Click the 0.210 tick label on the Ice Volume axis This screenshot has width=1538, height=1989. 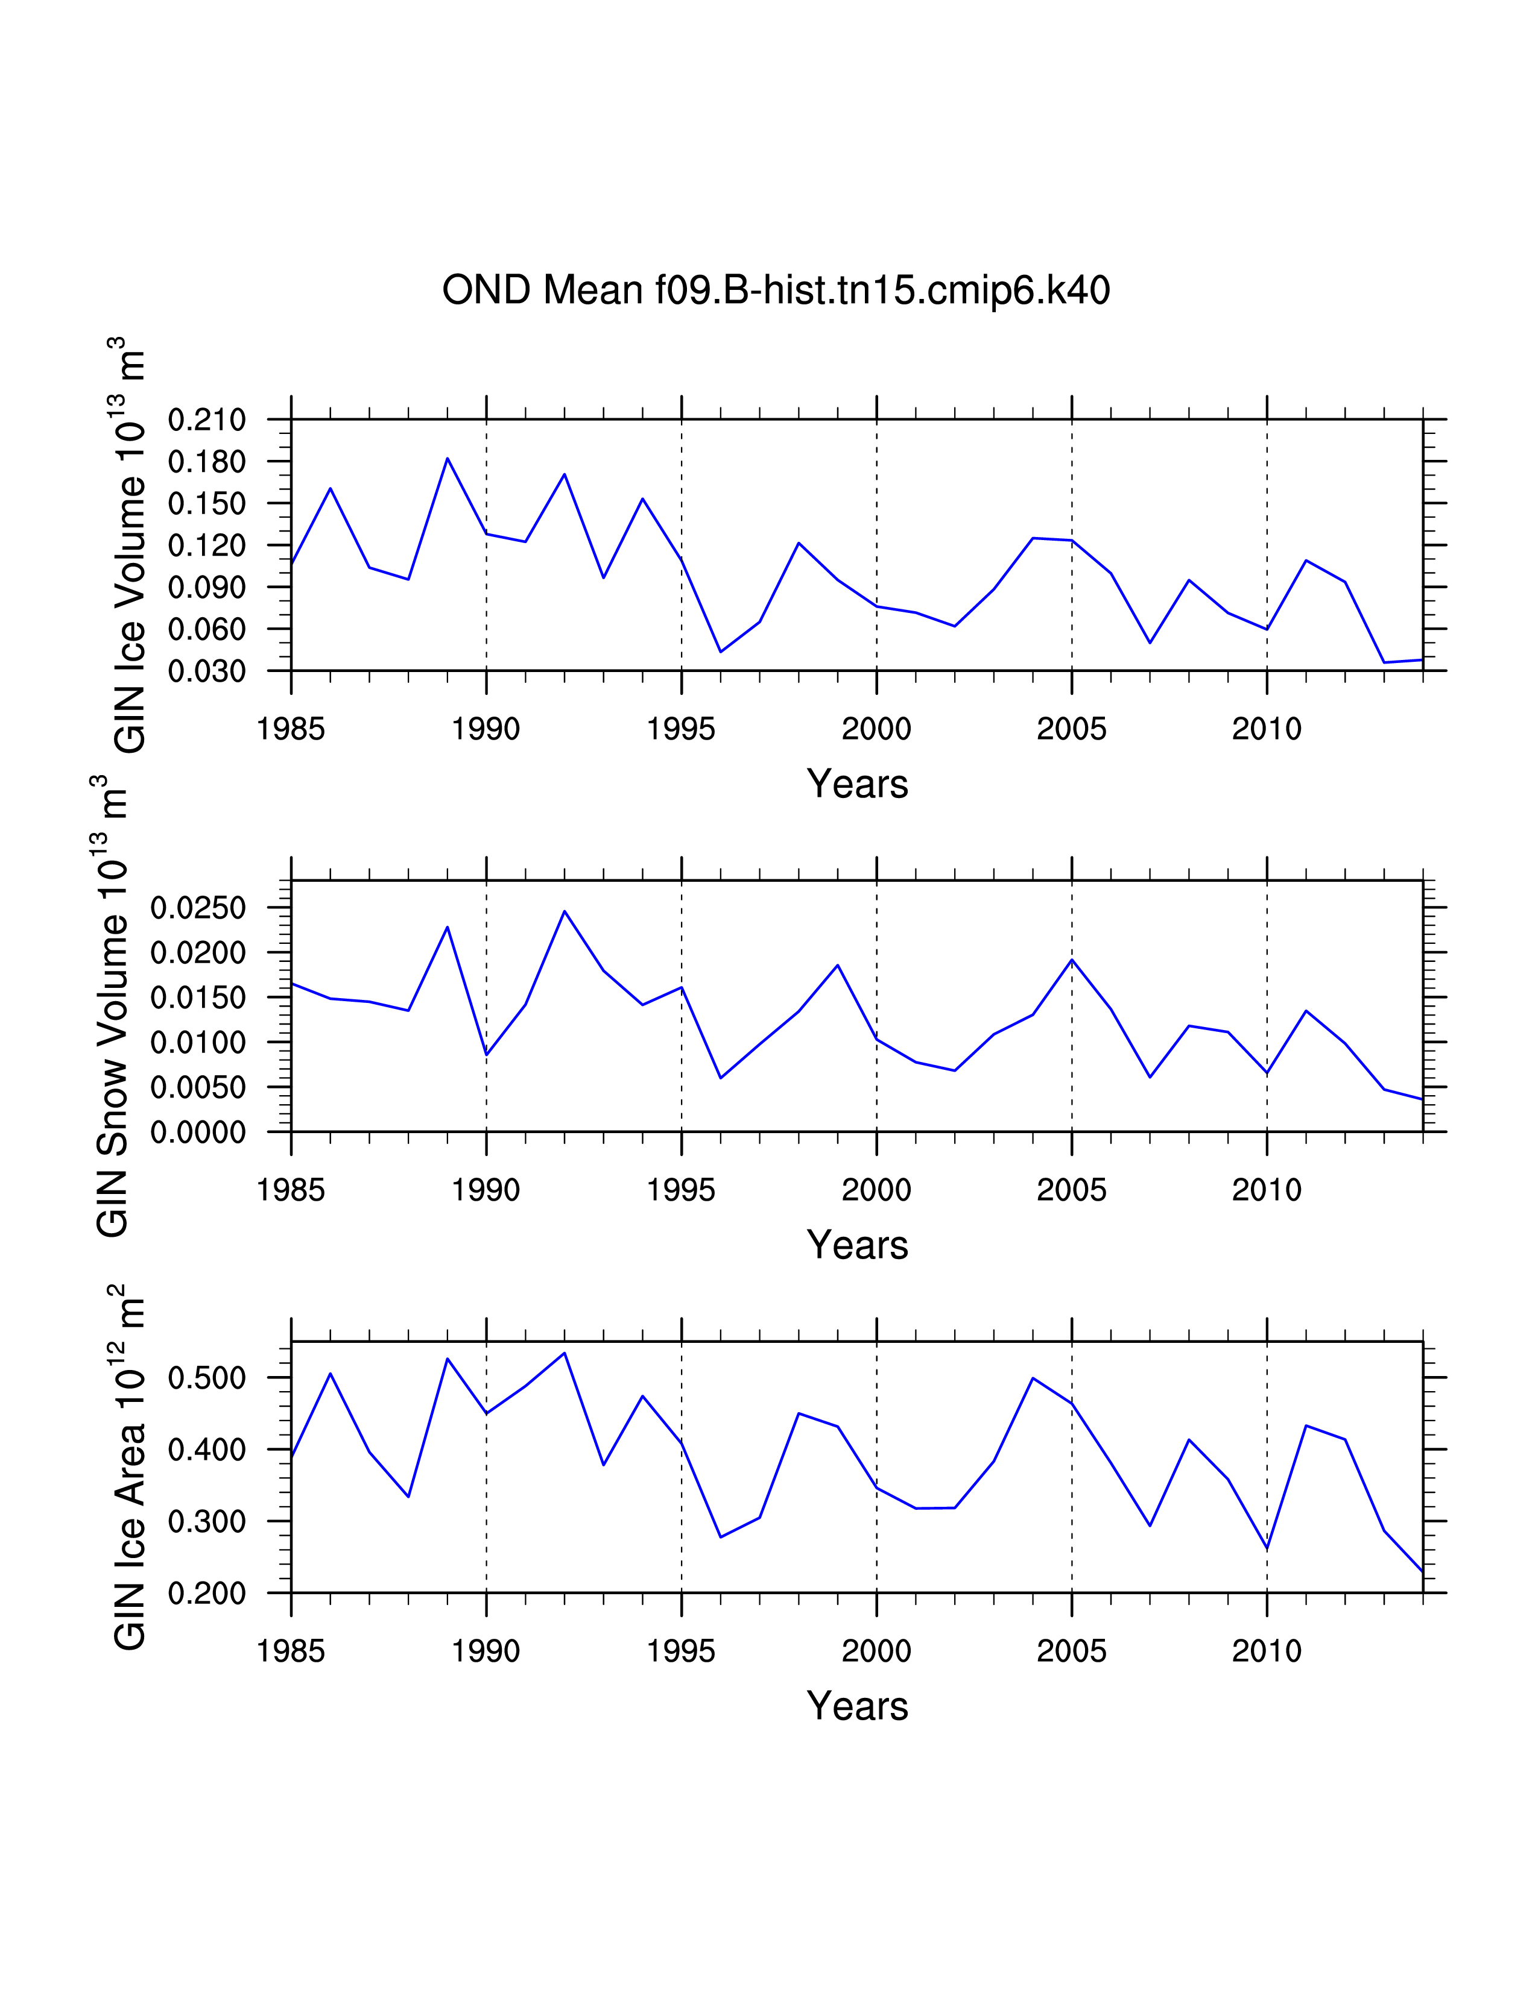point(207,420)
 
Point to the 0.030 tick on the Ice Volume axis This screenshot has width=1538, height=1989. point(207,671)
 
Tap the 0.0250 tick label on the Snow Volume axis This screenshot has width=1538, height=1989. point(198,908)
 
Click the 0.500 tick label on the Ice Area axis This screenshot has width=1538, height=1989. point(207,1378)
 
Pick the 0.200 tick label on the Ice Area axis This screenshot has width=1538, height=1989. point(207,1594)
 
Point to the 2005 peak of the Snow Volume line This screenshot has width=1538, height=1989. point(1072,960)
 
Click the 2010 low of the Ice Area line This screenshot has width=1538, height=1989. point(1267,1549)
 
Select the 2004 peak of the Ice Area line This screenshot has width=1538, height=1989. point(1033,1378)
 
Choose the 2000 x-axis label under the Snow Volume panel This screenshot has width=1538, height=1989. point(876,1189)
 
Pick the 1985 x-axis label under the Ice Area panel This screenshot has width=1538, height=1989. point(291,1651)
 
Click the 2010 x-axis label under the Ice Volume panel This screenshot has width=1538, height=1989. point(1267,729)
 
